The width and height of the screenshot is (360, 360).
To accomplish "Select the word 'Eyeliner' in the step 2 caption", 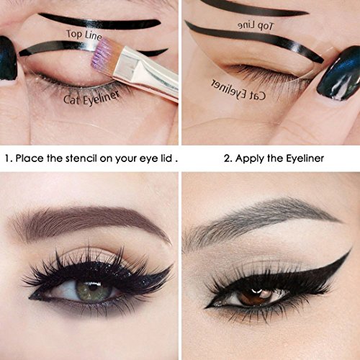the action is [x=305, y=158].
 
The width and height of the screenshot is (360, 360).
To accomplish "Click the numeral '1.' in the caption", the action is [x=9, y=158].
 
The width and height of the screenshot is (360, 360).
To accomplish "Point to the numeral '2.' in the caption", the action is [x=228, y=158].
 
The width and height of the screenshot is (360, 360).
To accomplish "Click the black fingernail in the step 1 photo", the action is [x=8, y=58].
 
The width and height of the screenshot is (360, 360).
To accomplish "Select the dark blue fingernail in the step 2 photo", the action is [x=339, y=73].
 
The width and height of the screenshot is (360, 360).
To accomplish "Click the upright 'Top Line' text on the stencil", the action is [x=84, y=35].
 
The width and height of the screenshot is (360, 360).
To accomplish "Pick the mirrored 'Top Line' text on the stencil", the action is [x=256, y=25].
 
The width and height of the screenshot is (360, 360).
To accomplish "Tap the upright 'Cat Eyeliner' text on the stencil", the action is [x=91, y=98].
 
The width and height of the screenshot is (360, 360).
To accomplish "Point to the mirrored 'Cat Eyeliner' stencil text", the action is [x=238, y=89].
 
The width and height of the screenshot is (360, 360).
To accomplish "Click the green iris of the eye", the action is [x=94, y=291].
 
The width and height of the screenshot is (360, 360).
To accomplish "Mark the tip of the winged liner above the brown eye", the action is [x=351, y=250].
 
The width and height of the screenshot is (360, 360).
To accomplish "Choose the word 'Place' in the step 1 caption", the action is [x=30, y=158].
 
